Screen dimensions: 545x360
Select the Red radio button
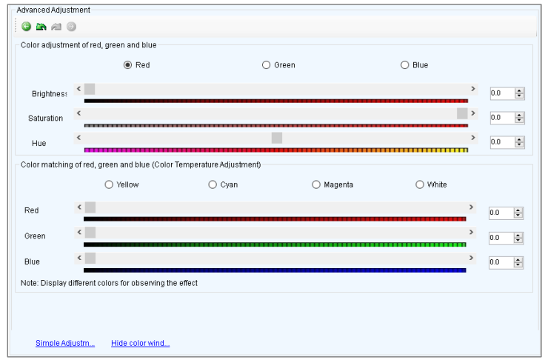click(x=127, y=65)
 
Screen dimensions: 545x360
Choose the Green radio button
click(x=267, y=65)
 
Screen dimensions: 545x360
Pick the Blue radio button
click(x=404, y=65)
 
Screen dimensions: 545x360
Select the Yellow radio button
click(x=109, y=184)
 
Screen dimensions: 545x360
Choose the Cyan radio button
click(x=213, y=184)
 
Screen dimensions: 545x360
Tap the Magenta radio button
click(x=316, y=184)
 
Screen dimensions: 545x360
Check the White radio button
click(x=420, y=184)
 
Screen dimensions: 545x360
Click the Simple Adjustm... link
click(x=65, y=343)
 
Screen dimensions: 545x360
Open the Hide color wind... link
click(x=141, y=343)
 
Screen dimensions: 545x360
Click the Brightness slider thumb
click(x=90, y=89)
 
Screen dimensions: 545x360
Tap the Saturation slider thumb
click(x=462, y=113)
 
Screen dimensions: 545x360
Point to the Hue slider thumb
click(x=277, y=138)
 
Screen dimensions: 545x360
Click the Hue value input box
click(x=502, y=142)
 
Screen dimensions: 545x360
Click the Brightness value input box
click(x=502, y=93)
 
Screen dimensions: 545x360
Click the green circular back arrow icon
click(x=27, y=27)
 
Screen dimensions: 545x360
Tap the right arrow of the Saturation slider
click(x=473, y=113)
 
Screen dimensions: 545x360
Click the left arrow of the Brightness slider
click(x=79, y=89)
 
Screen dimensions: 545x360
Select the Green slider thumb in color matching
click(x=90, y=233)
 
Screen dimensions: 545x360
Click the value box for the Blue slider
click(x=501, y=262)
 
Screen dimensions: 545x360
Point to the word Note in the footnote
click(x=29, y=283)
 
